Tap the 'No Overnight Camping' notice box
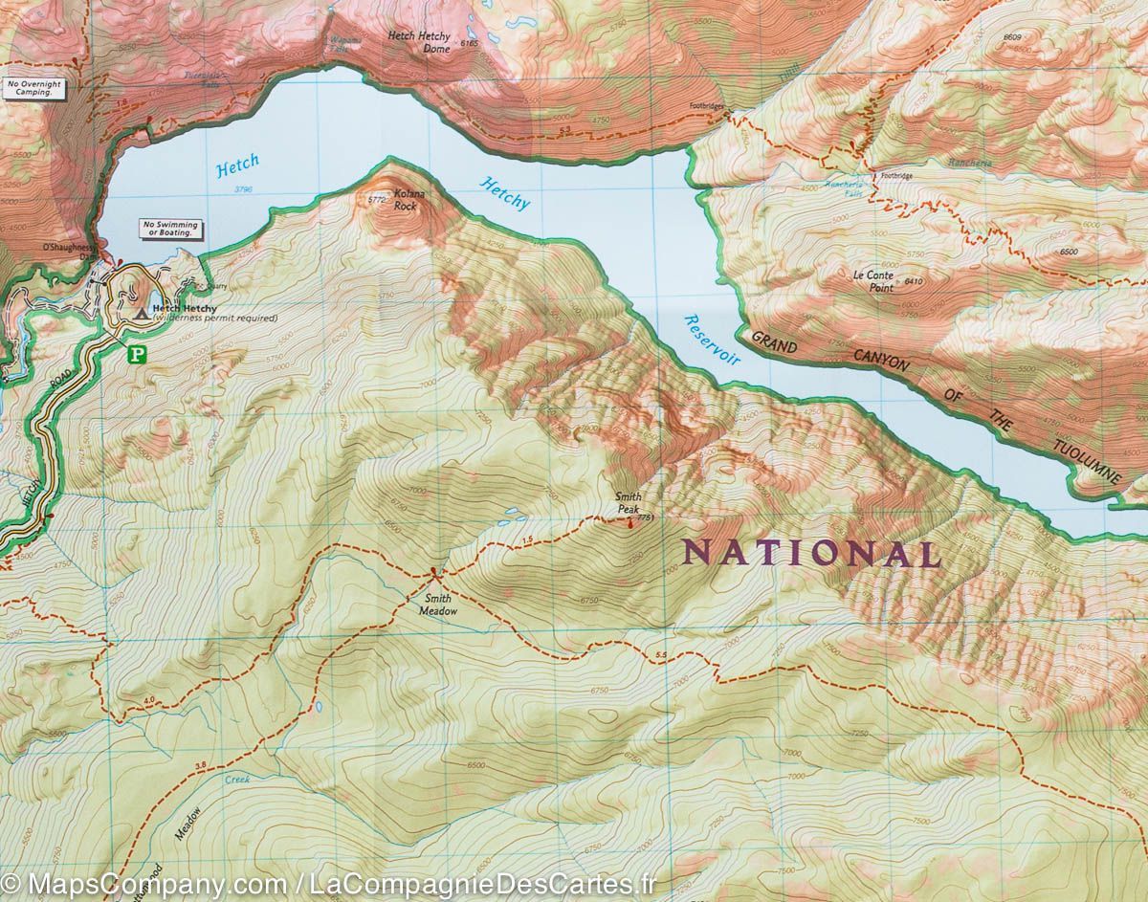(33, 89)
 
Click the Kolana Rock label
(407, 200)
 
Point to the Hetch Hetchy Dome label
(419, 41)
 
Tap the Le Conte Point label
(873, 280)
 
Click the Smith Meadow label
(436, 605)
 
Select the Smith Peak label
(628, 503)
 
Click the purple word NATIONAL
(810, 553)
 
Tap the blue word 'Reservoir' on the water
(714, 341)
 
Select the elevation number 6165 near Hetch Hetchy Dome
(469, 44)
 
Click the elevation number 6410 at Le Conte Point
(913, 281)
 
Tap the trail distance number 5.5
(661, 655)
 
